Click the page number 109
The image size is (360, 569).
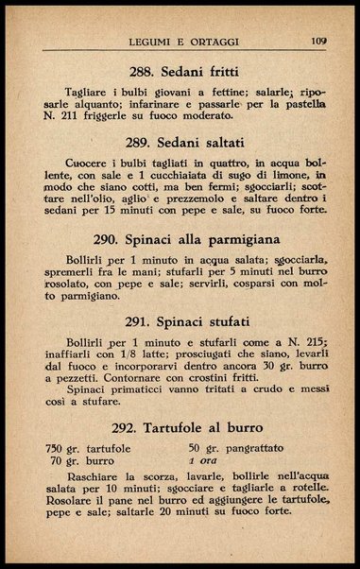[317, 41]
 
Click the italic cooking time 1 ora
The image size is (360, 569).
[204, 461]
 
